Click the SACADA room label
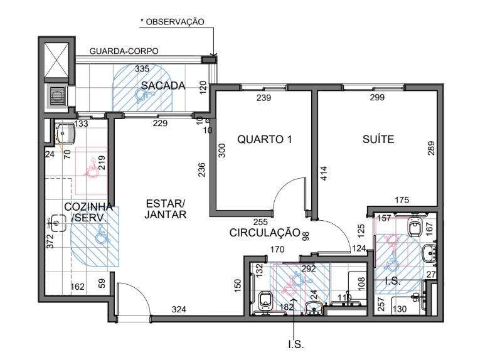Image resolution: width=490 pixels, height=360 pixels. [x=162, y=85]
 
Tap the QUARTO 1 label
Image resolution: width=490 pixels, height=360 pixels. [x=264, y=139]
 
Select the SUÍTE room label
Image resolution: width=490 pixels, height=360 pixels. [x=378, y=139]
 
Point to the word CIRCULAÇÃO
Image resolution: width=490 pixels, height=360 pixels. [x=265, y=233]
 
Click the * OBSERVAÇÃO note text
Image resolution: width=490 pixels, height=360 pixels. [x=172, y=21]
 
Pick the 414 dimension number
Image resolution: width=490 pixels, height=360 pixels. [x=324, y=174]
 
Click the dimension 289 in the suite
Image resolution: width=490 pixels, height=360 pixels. [x=430, y=149]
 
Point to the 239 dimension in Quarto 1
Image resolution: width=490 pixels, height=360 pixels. [x=264, y=98]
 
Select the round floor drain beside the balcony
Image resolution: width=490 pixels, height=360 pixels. [x=58, y=97]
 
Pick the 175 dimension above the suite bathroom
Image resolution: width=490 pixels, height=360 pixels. [x=402, y=200]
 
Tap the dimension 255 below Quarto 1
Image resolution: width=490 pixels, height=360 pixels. [x=260, y=221]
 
